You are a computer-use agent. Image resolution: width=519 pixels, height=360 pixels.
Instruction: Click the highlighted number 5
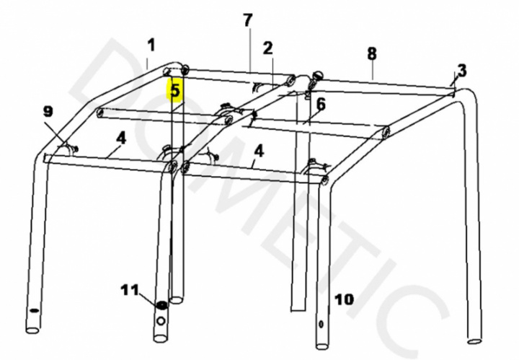click(x=174, y=90)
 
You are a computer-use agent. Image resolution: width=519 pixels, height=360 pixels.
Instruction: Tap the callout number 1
click(x=151, y=45)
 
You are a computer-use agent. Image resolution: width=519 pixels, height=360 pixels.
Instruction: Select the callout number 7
click(x=247, y=20)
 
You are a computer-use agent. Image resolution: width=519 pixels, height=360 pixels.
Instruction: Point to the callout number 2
click(x=268, y=48)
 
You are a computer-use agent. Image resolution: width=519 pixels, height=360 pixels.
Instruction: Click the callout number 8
click(x=372, y=53)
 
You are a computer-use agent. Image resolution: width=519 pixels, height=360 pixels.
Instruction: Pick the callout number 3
click(x=462, y=71)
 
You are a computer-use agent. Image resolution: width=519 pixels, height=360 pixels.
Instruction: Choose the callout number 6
click(x=321, y=105)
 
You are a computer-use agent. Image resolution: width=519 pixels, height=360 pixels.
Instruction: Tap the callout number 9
click(x=48, y=112)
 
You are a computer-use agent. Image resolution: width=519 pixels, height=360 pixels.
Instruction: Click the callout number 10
click(x=345, y=299)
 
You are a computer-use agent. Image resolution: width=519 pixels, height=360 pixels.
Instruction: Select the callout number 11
click(x=130, y=290)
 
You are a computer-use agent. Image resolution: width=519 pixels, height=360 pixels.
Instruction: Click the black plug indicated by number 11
click(x=162, y=305)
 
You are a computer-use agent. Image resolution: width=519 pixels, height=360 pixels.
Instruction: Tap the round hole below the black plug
click(x=161, y=321)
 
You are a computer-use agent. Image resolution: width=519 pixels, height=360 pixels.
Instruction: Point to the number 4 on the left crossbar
click(x=121, y=138)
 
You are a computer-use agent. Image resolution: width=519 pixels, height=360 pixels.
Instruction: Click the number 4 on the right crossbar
click(x=259, y=151)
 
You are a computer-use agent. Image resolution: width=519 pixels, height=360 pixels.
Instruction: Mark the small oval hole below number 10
click(x=321, y=324)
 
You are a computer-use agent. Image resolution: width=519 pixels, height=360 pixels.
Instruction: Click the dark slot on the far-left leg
click(x=34, y=311)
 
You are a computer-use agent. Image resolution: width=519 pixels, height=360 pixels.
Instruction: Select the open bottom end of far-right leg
click(x=474, y=341)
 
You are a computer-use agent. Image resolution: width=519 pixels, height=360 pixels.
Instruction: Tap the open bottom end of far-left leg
click(x=32, y=330)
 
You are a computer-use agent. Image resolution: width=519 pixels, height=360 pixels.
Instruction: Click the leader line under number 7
click(x=250, y=49)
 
